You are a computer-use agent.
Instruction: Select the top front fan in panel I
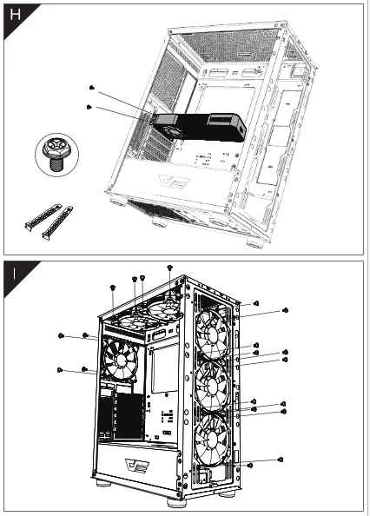[x=211, y=334]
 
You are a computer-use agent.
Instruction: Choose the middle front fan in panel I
[x=212, y=388]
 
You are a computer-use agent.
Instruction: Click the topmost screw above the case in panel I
[x=169, y=268]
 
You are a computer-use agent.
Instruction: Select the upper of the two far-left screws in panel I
[x=60, y=334]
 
